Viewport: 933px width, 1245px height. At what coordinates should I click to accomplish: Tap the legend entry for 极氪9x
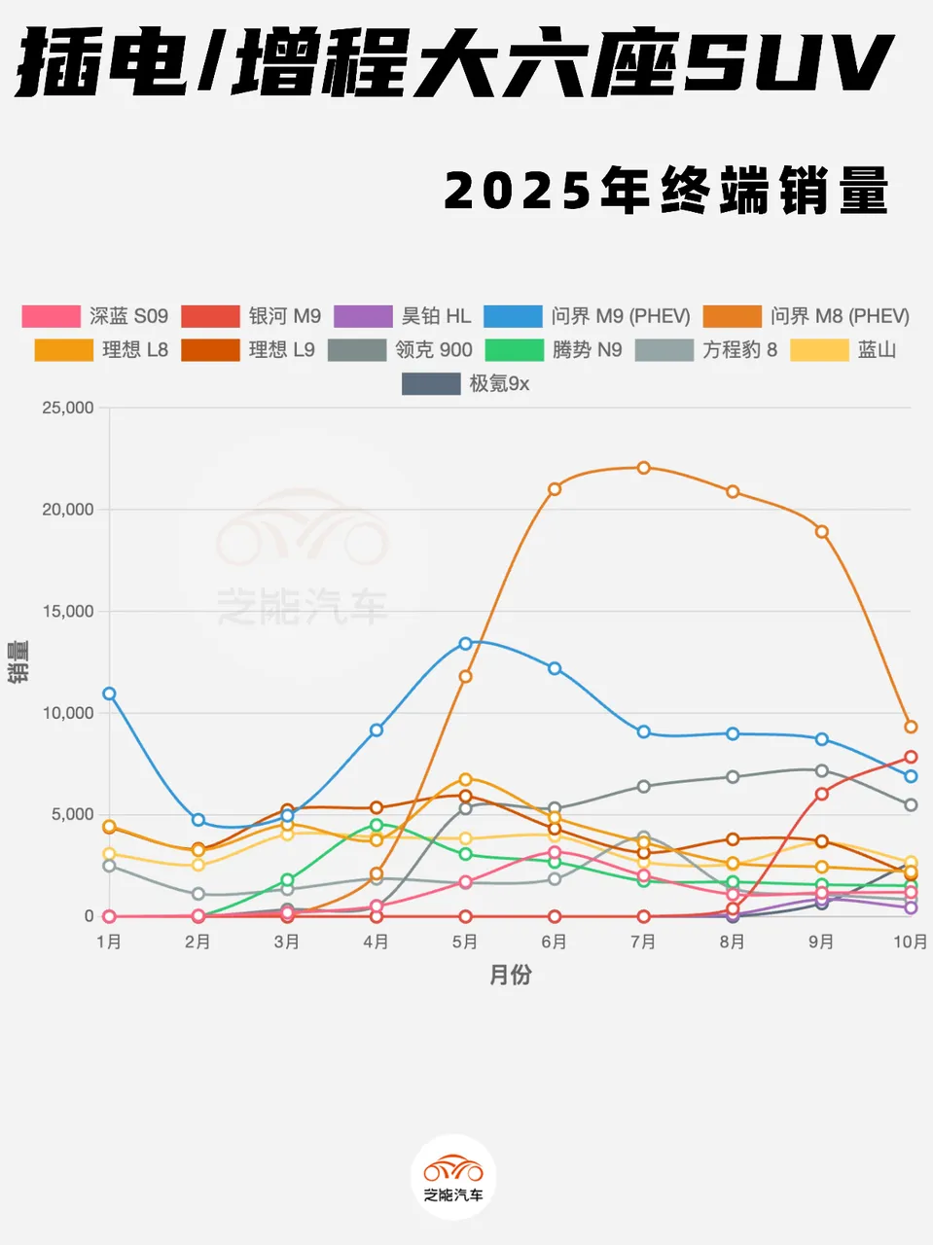click(x=466, y=383)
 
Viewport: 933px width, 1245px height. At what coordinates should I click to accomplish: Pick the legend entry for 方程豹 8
click(x=706, y=350)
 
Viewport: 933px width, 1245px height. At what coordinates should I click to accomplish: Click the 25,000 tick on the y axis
click(x=67, y=408)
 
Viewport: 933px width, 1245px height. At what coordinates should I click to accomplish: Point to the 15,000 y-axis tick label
click(x=67, y=611)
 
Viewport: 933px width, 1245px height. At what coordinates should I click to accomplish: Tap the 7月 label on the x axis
click(x=643, y=942)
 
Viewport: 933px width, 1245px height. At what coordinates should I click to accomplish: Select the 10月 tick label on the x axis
click(x=910, y=942)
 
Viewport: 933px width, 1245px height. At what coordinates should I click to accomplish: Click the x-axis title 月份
click(x=510, y=975)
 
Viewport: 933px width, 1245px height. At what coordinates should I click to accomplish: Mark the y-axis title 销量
click(x=18, y=661)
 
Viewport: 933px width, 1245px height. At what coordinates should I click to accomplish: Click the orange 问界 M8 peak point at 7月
click(x=643, y=468)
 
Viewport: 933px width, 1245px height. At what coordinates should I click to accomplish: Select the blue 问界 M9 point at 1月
click(x=109, y=694)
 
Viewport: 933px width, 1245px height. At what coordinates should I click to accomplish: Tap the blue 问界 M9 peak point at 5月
click(x=465, y=644)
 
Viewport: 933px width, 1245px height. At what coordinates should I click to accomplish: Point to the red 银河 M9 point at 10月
click(x=911, y=757)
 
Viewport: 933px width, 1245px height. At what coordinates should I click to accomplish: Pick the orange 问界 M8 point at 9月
click(x=822, y=532)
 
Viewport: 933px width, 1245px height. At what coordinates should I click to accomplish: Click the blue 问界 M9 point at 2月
click(x=198, y=820)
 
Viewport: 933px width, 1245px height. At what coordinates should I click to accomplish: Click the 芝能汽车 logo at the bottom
click(x=453, y=1176)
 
